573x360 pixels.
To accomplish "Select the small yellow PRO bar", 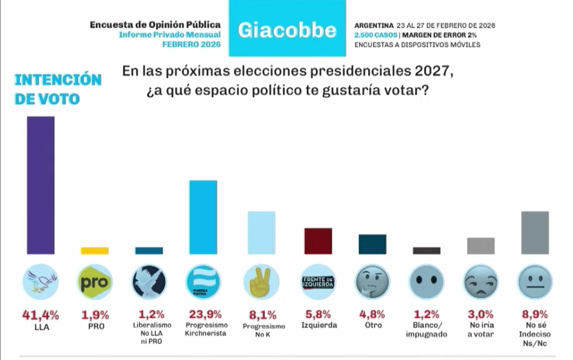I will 95,251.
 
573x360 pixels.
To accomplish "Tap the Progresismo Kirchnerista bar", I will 204,217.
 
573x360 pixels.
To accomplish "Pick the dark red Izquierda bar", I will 318,241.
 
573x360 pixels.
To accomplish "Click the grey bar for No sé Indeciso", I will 534,232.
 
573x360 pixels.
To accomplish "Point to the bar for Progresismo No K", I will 262,232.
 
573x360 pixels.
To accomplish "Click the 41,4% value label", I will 40,315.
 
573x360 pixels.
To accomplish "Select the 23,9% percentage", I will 204,315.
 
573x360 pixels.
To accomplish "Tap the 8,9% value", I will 534,315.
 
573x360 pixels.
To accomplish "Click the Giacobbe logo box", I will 287,30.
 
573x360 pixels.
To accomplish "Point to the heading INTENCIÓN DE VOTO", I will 58,90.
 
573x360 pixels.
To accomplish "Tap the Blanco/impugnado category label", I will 426,330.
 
